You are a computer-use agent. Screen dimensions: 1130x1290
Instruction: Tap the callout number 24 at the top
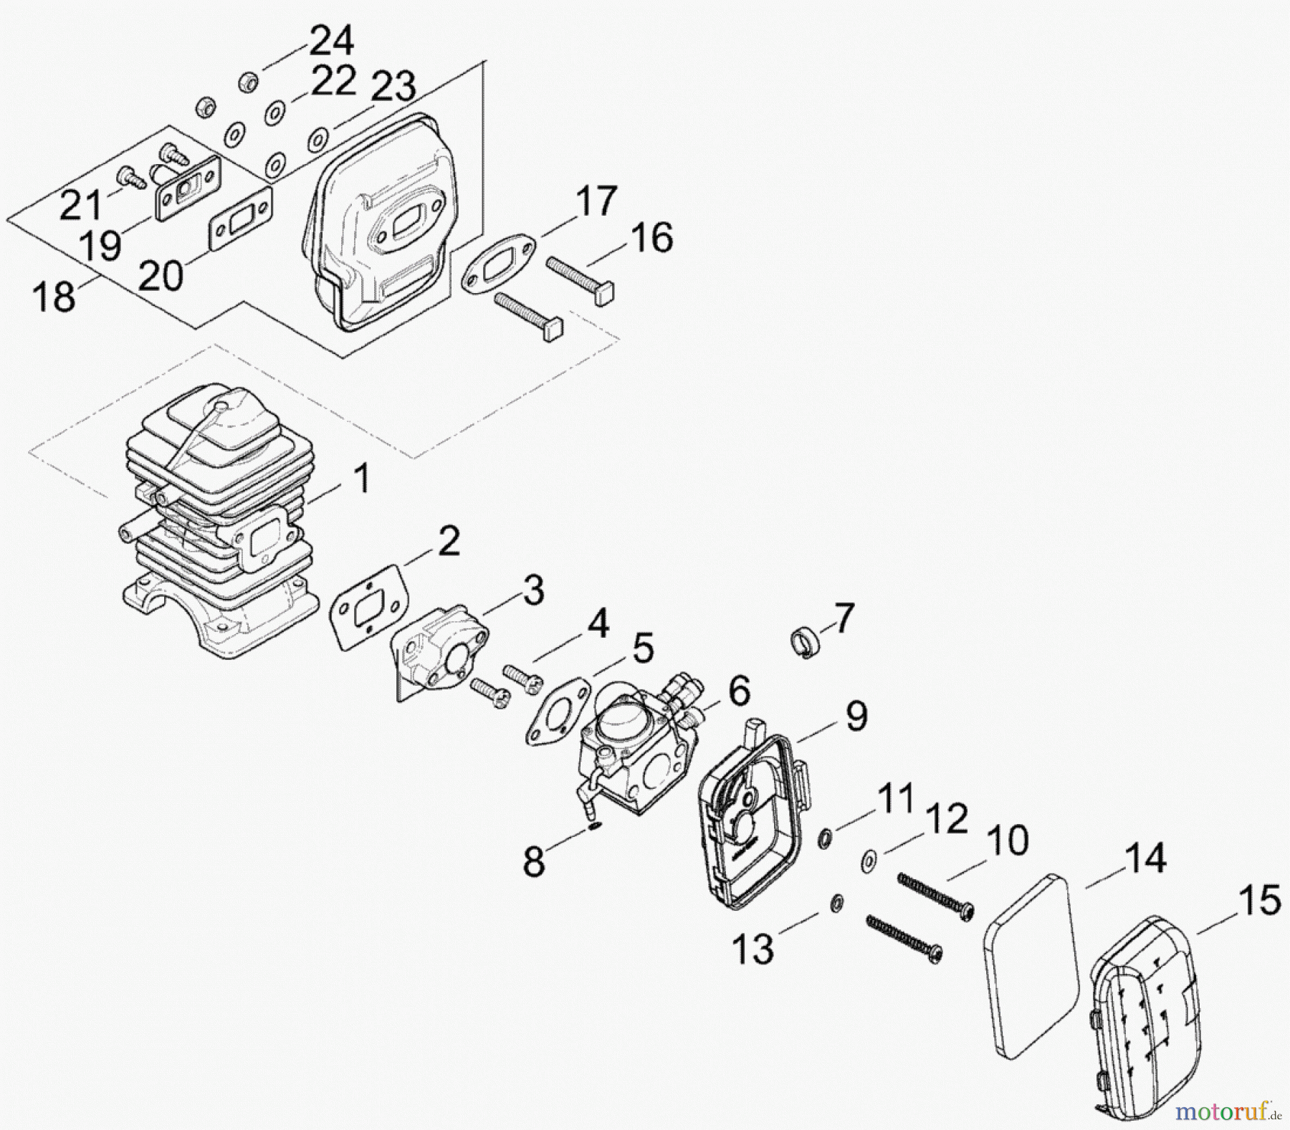(330, 41)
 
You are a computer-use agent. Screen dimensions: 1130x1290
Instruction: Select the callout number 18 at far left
(54, 296)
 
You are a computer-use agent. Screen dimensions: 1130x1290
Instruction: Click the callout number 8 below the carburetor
(534, 861)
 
